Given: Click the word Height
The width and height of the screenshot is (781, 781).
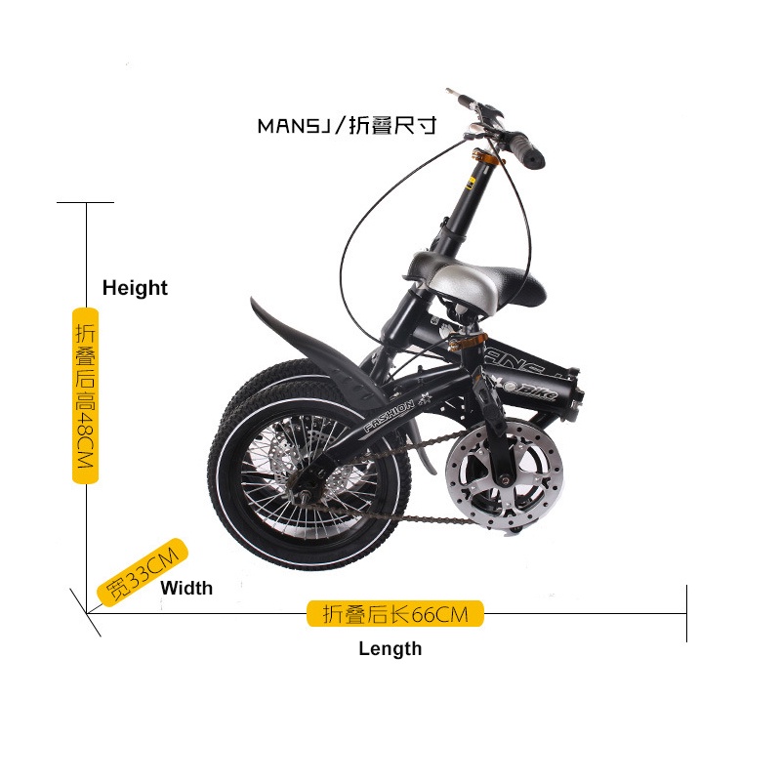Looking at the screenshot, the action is coord(135,288).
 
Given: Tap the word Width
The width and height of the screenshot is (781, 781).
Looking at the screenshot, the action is coord(186,588).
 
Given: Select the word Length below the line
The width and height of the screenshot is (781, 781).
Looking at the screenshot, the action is coord(390,648).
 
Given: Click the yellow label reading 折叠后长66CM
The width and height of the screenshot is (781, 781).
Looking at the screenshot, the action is coord(395,614).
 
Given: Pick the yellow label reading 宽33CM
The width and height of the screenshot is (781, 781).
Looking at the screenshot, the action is coord(143,571).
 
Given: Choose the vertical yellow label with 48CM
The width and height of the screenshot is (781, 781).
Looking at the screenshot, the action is coord(85,395).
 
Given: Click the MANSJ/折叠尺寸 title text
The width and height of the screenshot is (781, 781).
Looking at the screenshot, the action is coord(346,126).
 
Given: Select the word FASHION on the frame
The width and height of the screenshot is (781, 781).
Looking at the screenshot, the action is coord(390,414).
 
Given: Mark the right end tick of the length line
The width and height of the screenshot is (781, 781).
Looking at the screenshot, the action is coord(687,613).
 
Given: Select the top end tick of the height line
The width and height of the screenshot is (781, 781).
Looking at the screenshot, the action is coord(86,202).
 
